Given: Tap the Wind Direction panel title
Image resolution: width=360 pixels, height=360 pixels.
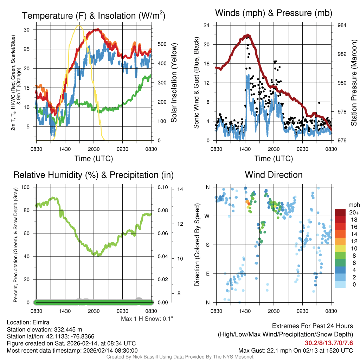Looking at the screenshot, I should pyautogui.click(x=274, y=174).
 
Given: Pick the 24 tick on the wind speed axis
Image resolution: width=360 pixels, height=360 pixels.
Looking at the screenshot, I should pyautogui.click(x=207, y=25).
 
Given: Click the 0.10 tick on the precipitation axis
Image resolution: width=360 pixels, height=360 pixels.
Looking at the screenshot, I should pyautogui.click(x=162, y=187).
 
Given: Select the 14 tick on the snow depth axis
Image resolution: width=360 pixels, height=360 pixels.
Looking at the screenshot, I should pyautogui.click(x=180, y=189).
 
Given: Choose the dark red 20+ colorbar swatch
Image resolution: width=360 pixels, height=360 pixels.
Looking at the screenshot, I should pyautogui.click(x=341, y=212).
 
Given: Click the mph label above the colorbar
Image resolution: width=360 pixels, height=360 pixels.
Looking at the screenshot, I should pyautogui.click(x=353, y=205).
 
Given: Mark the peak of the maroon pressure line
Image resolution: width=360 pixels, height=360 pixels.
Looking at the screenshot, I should pyautogui.click(x=248, y=35).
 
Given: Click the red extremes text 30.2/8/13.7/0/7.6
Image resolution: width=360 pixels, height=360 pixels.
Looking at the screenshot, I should pyautogui.click(x=329, y=343).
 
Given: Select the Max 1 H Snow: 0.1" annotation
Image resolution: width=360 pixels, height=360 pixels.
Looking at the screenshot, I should pyautogui.click(x=147, y=319).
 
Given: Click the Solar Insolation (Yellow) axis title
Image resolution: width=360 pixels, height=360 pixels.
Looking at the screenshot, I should pyautogui.click(x=174, y=83).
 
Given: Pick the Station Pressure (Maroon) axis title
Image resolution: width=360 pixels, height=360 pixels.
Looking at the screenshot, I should pyautogui.click(x=354, y=83).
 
